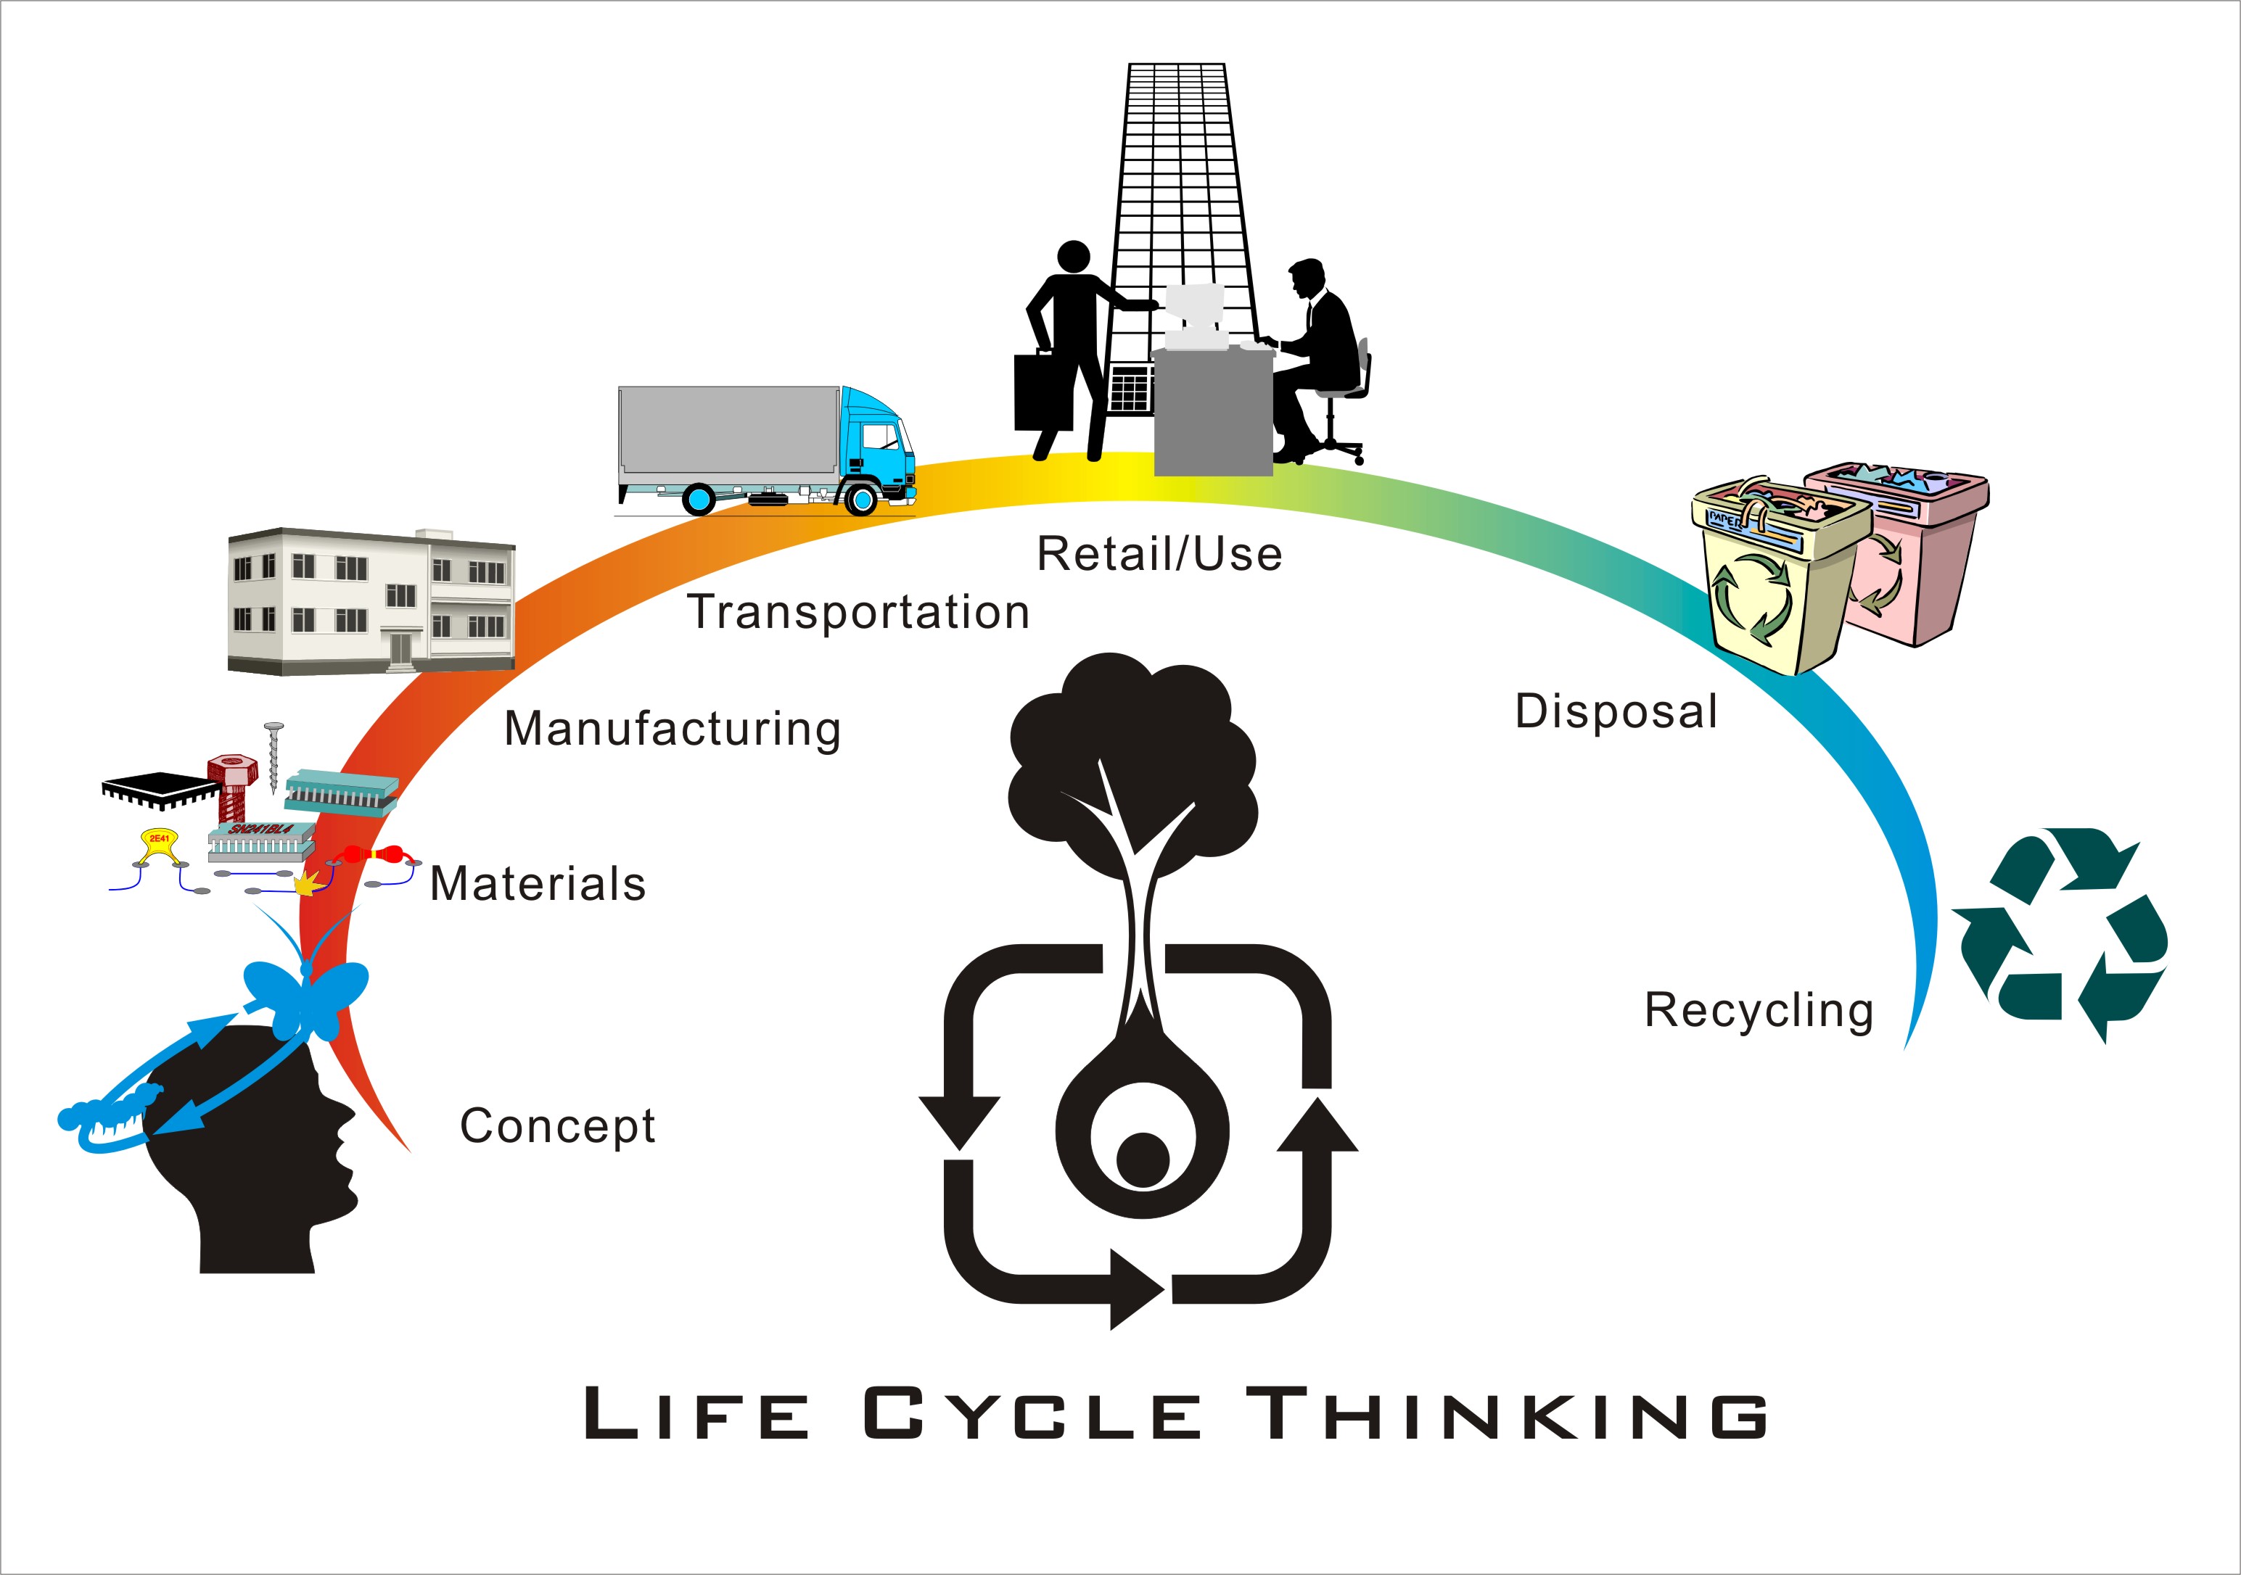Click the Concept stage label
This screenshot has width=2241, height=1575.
click(x=557, y=1126)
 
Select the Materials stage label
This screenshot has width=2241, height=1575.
click(x=538, y=884)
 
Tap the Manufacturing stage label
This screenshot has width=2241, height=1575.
click(x=673, y=729)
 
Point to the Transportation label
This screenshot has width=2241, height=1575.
click(x=859, y=613)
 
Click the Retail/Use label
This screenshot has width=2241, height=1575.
click(x=1159, y=554)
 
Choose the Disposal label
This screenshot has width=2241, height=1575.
click(x=1616, y=711)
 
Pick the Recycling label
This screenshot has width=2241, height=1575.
click(x=1759, y=1010)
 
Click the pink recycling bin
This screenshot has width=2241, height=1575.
click(x=1913, y=556)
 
